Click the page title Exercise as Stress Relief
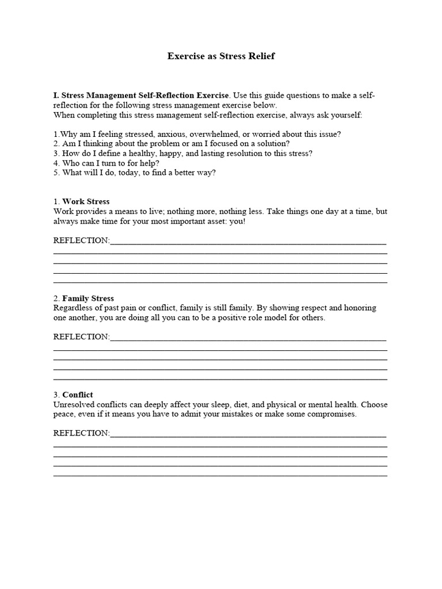(x=221, y=56)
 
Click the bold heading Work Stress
(x=86, y=202)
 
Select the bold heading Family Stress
(x=88, y=299)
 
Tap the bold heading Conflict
(x=78, y=395)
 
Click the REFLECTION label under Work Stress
(x=81, y=240)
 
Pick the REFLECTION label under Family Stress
(x=81, y=337)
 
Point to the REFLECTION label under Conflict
(x=81, y=433)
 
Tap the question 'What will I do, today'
(x=135, y=173)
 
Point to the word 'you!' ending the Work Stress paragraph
(x=237, y=221)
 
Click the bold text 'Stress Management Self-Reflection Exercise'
(x=145, y=95)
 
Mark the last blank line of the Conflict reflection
(x=220, y=476)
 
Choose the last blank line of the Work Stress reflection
(x=220, y=282)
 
